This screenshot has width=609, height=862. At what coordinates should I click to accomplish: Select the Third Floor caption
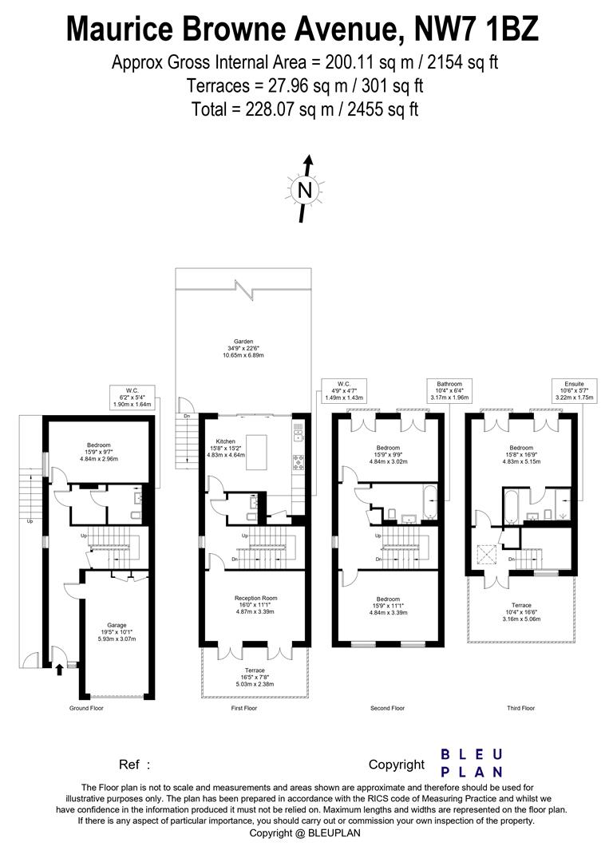pos(520,708)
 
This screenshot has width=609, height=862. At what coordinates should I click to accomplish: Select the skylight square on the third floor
pos(484,552)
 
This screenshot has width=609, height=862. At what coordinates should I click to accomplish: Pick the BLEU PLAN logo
pos(472,763)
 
